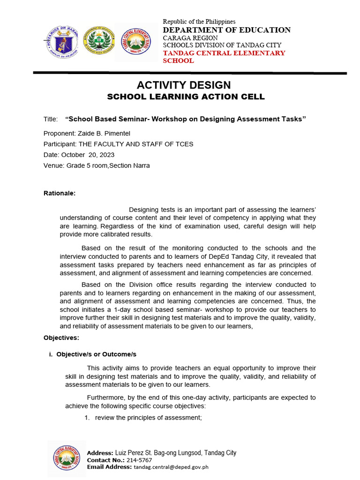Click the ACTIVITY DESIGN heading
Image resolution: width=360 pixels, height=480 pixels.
coord(183,85)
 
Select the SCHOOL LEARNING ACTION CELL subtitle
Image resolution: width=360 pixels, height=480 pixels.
coord(186,97)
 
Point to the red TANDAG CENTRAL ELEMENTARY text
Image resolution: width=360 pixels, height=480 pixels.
coord(224,53)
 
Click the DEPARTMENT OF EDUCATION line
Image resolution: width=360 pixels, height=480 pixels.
coord(226,30)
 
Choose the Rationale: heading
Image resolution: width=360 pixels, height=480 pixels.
coord(59,193)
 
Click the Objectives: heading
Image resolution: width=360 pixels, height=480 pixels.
coord(61,337)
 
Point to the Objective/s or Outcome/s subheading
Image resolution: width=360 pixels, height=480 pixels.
coord(96,354)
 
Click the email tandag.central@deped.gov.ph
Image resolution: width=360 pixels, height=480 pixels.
coord(171,467)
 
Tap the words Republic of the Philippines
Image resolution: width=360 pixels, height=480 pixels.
coord(199,22)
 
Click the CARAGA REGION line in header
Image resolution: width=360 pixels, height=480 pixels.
coord(190,37)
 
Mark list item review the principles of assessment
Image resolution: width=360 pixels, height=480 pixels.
coord(148,418)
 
